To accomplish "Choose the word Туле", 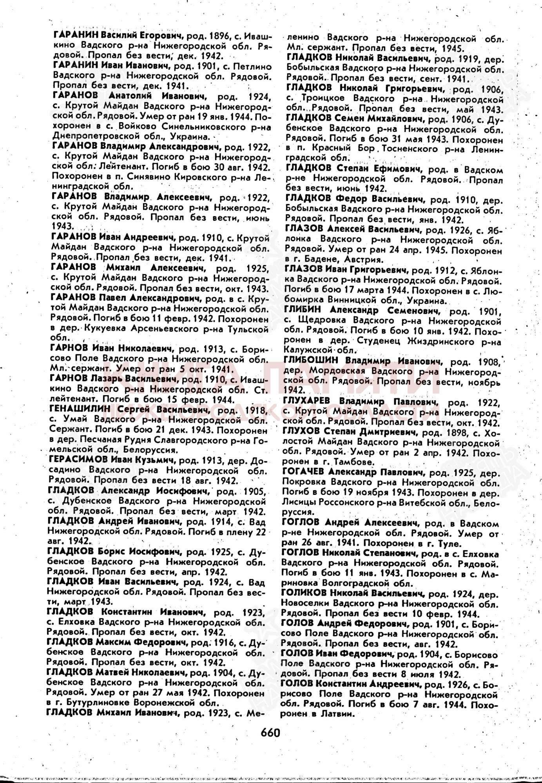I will tap(453, 543).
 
